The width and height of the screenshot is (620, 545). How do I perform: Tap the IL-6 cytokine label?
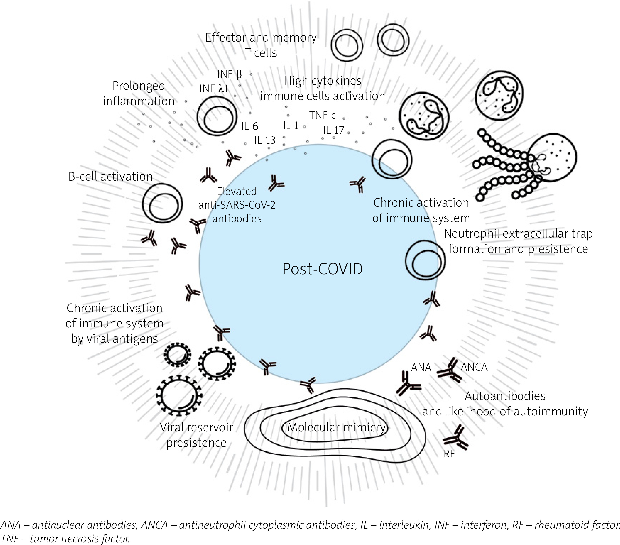[x=249, y=126]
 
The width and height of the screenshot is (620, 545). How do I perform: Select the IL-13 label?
[x=265, y=140]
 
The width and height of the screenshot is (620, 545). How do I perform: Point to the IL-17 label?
[x=333, y=130]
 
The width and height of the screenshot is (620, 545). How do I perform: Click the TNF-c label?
[x=322, y=115]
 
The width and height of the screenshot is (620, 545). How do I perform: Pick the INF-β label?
[x=230, y=74]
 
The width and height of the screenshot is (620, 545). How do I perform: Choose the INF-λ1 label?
[x=214, y=88]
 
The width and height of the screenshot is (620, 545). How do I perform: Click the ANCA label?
[x=474, y=367]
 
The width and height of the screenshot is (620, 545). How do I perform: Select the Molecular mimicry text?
[x=336, y=427]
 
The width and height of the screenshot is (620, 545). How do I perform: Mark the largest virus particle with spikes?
[x=178, y=395]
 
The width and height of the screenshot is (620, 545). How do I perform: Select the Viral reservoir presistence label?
[x=196, y=435]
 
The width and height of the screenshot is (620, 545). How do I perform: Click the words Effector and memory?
[x=261, y=38]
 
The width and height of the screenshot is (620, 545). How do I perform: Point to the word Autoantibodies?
[x=505, y=396]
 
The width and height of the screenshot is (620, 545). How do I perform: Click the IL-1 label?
[x=291, y=125]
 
